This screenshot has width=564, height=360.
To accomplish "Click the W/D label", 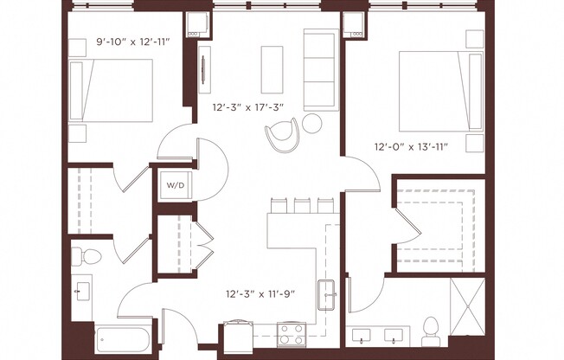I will pos(175,184).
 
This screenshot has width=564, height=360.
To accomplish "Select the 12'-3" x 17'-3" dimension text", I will pos(248,108).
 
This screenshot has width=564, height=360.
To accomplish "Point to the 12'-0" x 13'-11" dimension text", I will pos(410,146).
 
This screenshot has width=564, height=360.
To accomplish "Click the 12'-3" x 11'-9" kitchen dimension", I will pos(260,293).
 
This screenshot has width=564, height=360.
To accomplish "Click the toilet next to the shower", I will pos(432,327).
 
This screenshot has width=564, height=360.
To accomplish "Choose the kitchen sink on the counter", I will pos(329,294).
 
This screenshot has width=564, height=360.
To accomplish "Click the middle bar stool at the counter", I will pos(301,205).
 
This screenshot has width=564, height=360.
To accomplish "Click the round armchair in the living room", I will pos(284,134).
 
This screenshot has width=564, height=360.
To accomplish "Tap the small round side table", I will pos(312,124).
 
